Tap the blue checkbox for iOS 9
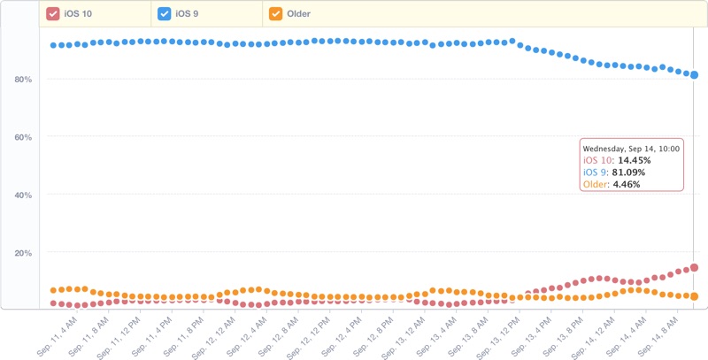[164, 13]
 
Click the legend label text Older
[298, 14]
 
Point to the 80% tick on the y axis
[23, 80]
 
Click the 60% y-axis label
[23, 137]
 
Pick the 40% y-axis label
[23, 195]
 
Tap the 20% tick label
[23, 253]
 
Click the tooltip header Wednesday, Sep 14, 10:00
[631, 149]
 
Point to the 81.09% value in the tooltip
[627, 172]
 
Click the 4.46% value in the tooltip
[627, 185]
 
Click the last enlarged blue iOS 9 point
[695, 75]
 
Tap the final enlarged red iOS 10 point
[695, 267]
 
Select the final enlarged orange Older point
[695, 296]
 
